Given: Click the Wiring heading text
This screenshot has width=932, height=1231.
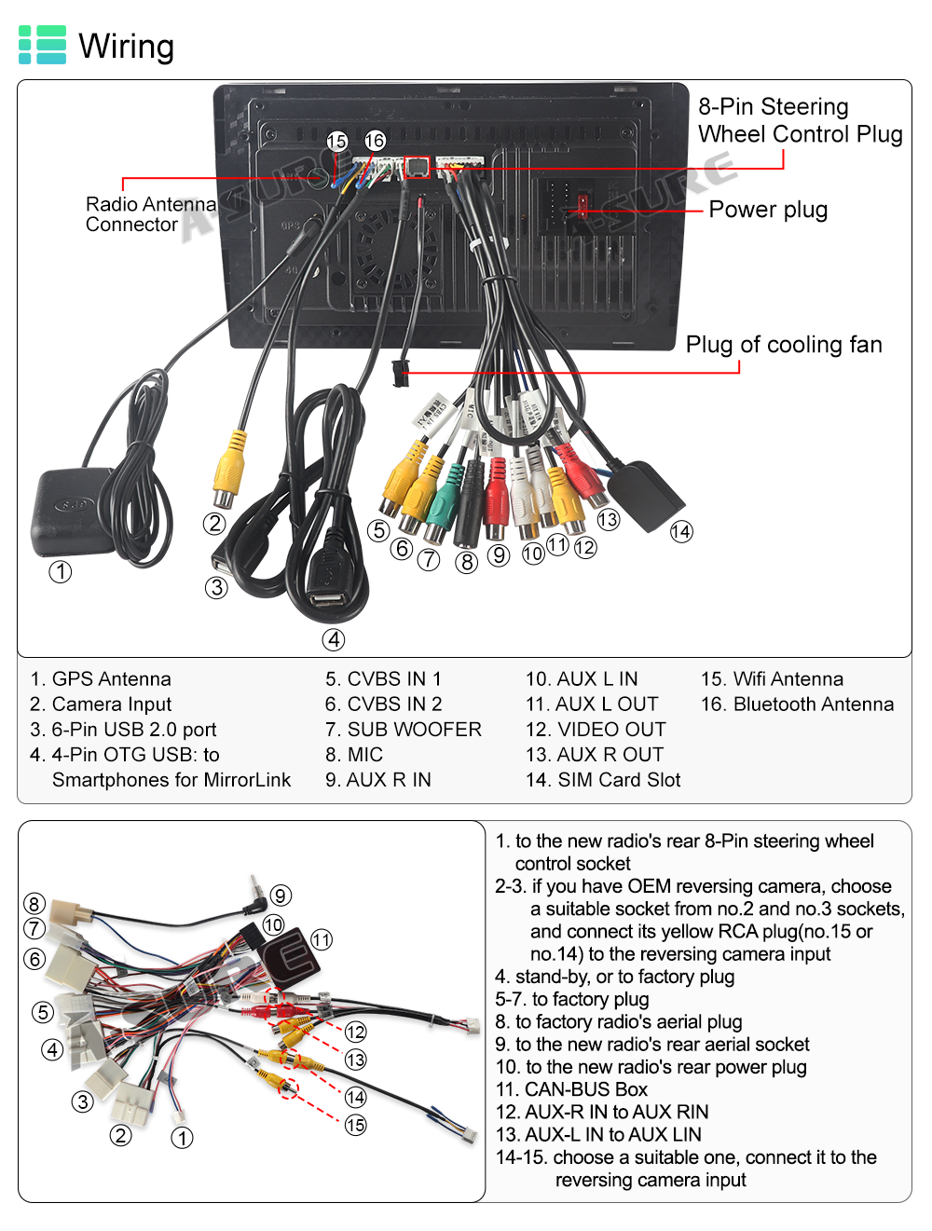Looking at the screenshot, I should pyautogui.click(x=126, y=46).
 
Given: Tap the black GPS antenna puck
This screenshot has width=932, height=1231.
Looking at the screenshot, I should pyautogui.click(x=73, y=511).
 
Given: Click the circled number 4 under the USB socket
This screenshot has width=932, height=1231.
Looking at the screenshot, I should pyautogui.click(x=334, y=639).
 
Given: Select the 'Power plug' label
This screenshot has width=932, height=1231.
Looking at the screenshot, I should pyautogui.click(x=768, y=210).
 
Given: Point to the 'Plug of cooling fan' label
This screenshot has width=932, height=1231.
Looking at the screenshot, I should pyautogui.click(x=784, y=345).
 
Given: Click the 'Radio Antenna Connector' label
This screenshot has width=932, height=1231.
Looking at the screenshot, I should pyautogui.click(x=149, y=214).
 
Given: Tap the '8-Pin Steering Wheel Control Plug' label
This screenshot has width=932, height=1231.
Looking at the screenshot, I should pyautogui.click(x=800, y=120).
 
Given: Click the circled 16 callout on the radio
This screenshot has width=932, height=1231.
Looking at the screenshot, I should pyautogui.click(x=375, y=141).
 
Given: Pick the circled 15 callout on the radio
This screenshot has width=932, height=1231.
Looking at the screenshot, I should pyautogui.click(x=336, y=141).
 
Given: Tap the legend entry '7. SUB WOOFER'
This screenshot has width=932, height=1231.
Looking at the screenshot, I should pyautogui.click(x=404, y=730).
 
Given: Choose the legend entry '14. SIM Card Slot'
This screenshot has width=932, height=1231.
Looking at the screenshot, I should pyautogui.click(x=603, y=780).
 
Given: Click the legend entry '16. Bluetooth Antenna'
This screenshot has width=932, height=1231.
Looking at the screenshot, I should pyautogui.click(x=797, y=704).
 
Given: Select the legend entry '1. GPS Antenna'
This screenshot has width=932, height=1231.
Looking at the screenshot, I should pyautogui.click(x=101, y=679).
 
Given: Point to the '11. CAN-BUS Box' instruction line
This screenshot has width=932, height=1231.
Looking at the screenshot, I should pyautogui.click(x=571, y=1089).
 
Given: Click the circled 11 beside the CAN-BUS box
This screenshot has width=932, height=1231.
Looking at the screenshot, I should pyautogui.click(x=322, y=939).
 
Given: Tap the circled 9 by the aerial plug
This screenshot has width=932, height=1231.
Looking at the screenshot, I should pyautogui.click(x=281, y=896).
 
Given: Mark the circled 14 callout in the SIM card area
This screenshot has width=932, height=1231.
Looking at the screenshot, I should pyautogui.click(x=681, y=532).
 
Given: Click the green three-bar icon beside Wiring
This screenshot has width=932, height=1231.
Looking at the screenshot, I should pyautogui.click(x=43, y=45).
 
